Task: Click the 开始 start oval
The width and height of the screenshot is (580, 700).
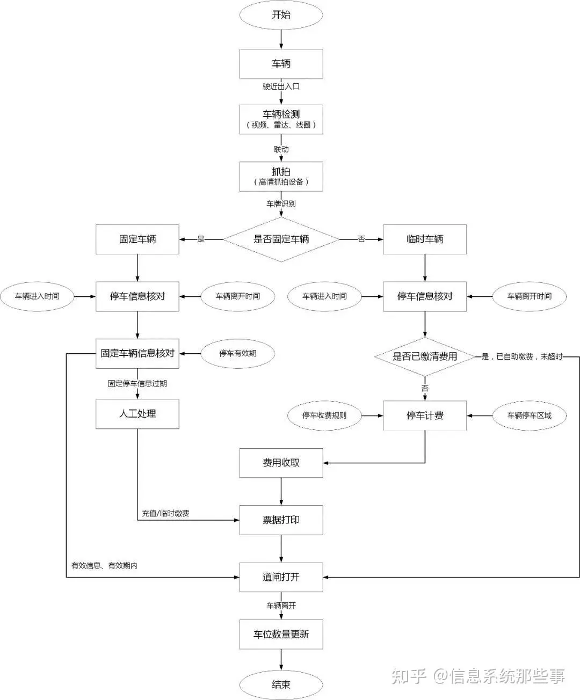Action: (x=281, y=14)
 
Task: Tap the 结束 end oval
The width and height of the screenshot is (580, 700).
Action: (x=281, y=684)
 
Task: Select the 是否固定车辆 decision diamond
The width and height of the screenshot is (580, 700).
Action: (x=281, y=239)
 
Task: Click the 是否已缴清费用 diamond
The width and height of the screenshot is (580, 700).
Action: (x=425, y=356)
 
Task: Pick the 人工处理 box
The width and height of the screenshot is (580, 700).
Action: (x=137, y=414)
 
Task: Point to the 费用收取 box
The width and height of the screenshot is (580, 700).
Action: (x=281, y=463)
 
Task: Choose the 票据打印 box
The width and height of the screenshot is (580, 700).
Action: (x=281, y=520)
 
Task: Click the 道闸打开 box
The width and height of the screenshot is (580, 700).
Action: (x=281, y=577)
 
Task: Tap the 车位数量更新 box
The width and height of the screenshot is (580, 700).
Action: (x=281, y=635)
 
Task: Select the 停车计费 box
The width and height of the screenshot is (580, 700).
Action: (x=425, y=415)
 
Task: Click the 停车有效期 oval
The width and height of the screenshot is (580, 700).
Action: (x=238, y=353)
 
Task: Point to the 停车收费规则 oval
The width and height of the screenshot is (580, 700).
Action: (x=324, y=415)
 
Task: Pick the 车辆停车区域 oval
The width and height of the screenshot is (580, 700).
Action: (x=530, y=415)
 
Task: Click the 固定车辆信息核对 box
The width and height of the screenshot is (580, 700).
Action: (x=137, y=353)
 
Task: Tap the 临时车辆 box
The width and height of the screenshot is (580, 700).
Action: (x=425, y=239)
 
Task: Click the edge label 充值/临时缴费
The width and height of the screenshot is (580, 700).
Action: (x=165, y=513)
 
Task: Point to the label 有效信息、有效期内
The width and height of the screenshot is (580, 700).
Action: (x=104, y=566)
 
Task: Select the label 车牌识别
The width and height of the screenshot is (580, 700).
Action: (x=281, y=203)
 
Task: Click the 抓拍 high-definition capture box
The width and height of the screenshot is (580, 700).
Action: (x=281, y=177)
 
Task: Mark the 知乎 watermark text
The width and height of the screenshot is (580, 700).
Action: (x=409, y=676)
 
